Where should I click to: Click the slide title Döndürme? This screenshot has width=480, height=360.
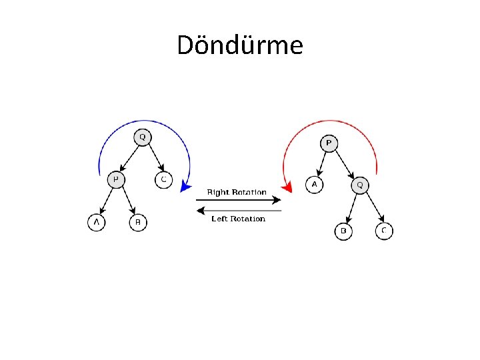click(240, 45)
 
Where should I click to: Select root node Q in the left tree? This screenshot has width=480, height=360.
click(141, 138)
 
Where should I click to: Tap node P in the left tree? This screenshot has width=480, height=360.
click(116, 180)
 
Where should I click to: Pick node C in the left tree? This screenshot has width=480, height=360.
click(163, 180)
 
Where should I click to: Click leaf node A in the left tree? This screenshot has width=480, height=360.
click(96, 222)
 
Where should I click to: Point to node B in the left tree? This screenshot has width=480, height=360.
click(137, 222)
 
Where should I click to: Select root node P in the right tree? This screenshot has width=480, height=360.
click(328, 143)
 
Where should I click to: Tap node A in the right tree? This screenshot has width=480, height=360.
click(314, 184)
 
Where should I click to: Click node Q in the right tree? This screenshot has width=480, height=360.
click(359, 185)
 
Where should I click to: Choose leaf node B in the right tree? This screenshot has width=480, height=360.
click(343, 231)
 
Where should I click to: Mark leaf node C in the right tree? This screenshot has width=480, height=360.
click(383, 231)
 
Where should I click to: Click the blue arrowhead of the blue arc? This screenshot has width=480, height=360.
click(185, 189)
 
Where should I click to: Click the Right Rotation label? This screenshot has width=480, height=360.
click(237, 192)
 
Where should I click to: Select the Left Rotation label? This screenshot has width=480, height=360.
click(238, 219)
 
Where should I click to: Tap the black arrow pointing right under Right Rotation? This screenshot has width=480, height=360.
click(239, 200)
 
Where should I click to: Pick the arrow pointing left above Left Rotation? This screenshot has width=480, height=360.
click(239, 210)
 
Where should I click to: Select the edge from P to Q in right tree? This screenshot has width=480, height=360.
click(343, 164)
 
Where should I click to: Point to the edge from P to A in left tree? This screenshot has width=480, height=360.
click(106, 201)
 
